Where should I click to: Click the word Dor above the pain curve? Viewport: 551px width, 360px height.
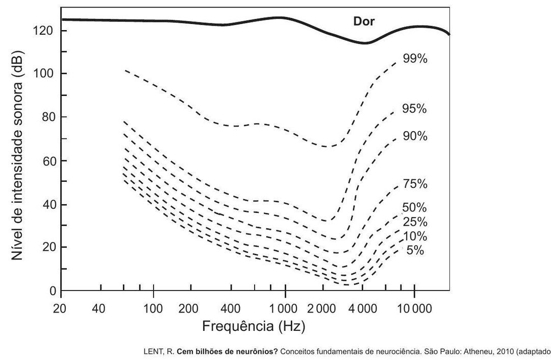click(x=364, y=21)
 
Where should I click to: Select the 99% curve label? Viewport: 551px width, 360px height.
click(x=415, y=59)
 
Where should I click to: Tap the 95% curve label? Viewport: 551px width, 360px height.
click(x=415, y=109)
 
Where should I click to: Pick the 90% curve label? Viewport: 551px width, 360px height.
click(x=415, y=136)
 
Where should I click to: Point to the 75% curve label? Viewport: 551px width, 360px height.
click(x=415, y=184)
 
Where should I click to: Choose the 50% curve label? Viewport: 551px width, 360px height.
click(x=415, y=208)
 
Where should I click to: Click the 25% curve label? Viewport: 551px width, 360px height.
click(x=415, y=222)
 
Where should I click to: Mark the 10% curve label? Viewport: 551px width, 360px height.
click(x=415, y=236)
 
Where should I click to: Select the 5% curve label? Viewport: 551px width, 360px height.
click(x=415, y=251)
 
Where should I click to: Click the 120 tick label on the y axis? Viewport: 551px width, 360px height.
click(x=43, y=31)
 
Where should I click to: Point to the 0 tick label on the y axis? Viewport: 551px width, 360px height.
click(x=51, y=291)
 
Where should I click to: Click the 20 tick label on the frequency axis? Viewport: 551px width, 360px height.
click(x=61, y=308)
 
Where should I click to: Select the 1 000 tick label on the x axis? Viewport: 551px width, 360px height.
click(x=285, y=308)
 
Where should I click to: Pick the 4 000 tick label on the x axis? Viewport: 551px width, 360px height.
click(x=363, y=308)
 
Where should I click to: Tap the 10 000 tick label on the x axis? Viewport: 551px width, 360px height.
click(x=414, y=308)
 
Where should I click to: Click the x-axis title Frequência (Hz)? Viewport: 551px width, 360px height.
click(x=254, y=326)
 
